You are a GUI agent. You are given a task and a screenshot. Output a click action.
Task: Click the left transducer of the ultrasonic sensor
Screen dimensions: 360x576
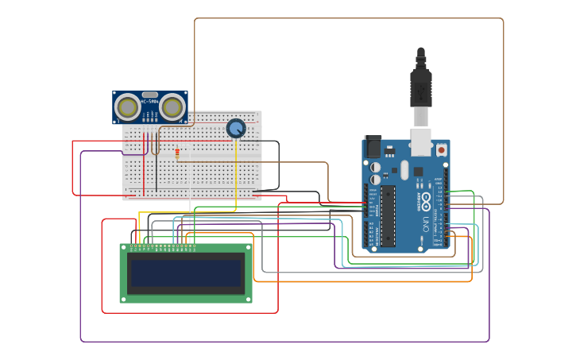(x=127, y=106)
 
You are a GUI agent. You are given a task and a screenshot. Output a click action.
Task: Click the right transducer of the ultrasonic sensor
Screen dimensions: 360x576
(x=172, y=106)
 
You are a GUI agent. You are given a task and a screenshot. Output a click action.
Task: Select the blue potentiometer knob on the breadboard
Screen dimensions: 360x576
(x=236, y=128)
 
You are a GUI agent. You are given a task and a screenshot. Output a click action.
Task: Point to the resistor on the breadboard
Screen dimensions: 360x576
(x=177, y=153)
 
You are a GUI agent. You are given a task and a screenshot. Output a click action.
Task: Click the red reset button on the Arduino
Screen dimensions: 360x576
(x=441, y=149)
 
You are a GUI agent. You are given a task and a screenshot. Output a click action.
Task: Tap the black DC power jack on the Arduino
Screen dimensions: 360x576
(x=372, y=147)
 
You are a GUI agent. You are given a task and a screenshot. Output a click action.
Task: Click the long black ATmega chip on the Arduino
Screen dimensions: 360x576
(x=388, y=215)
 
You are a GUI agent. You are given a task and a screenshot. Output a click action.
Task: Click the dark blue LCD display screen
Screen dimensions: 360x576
(x=186, y=273)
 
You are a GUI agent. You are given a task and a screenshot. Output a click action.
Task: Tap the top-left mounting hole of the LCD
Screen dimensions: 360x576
(x=124, y=248)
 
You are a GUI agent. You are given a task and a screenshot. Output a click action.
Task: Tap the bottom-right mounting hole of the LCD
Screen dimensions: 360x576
(x=248, y=299)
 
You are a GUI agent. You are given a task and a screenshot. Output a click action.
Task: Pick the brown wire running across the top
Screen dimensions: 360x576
(x=350, y=18)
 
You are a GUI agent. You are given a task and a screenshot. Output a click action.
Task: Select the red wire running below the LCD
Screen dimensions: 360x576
(x=191, y=313)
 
